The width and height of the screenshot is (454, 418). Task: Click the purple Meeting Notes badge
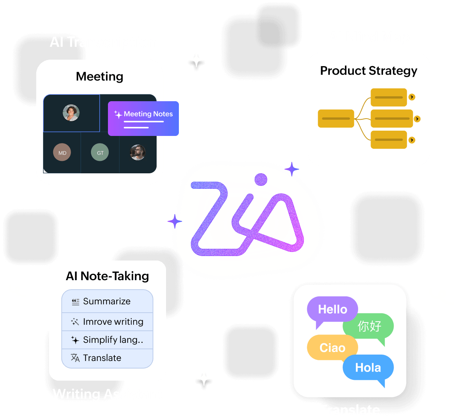coord(143,118)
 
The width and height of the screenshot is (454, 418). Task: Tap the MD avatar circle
coord(62,153)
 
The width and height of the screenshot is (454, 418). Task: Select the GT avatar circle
coord(100,153)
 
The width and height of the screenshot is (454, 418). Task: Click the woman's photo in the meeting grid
coord(71,113)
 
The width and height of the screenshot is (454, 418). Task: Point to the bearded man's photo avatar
coord(137,152)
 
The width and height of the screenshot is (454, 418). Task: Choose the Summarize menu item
coord(107,301)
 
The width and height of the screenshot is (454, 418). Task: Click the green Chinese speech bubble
coord(369,326)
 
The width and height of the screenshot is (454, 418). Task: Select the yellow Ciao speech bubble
coord(332,347)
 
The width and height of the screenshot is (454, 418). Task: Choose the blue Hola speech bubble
coord(368,367)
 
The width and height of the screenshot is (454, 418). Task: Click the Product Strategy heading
coord(369,71)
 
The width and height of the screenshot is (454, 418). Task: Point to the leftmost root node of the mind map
coord(336,119)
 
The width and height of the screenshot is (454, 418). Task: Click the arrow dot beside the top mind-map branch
coord(412,97)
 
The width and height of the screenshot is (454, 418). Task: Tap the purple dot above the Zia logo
coord(261,180)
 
